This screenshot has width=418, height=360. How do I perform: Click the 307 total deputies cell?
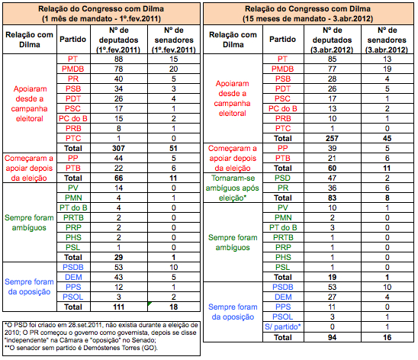pos(119,149)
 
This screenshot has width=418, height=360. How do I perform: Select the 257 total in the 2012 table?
pos(332,139)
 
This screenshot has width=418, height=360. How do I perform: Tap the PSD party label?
pos(282,178)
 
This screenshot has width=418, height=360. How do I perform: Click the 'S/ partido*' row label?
pos(282,326)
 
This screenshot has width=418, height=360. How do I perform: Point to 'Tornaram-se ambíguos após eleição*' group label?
pos(232,188)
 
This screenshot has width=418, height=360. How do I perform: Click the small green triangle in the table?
pos(150,304)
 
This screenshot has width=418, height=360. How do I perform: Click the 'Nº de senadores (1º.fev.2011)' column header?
pos(174,40)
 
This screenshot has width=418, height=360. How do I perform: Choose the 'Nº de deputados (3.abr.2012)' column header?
pos(332,40)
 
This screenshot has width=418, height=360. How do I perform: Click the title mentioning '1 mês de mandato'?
pos(101,14)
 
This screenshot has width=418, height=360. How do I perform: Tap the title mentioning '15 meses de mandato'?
pos(308,14)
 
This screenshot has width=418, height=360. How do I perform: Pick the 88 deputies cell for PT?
pos(119,59)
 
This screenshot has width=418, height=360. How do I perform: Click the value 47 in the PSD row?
pos(332,178)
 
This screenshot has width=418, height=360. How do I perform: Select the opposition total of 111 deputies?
pos(119,307)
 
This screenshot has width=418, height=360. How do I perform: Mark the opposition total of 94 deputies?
pos(332,337)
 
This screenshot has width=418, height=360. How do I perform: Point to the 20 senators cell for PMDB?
pos(174,69)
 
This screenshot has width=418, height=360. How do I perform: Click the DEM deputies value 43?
pos(119,277)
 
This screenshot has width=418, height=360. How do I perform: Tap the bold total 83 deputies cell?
pos(332,198)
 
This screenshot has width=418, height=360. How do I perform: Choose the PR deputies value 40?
pos(119,79)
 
